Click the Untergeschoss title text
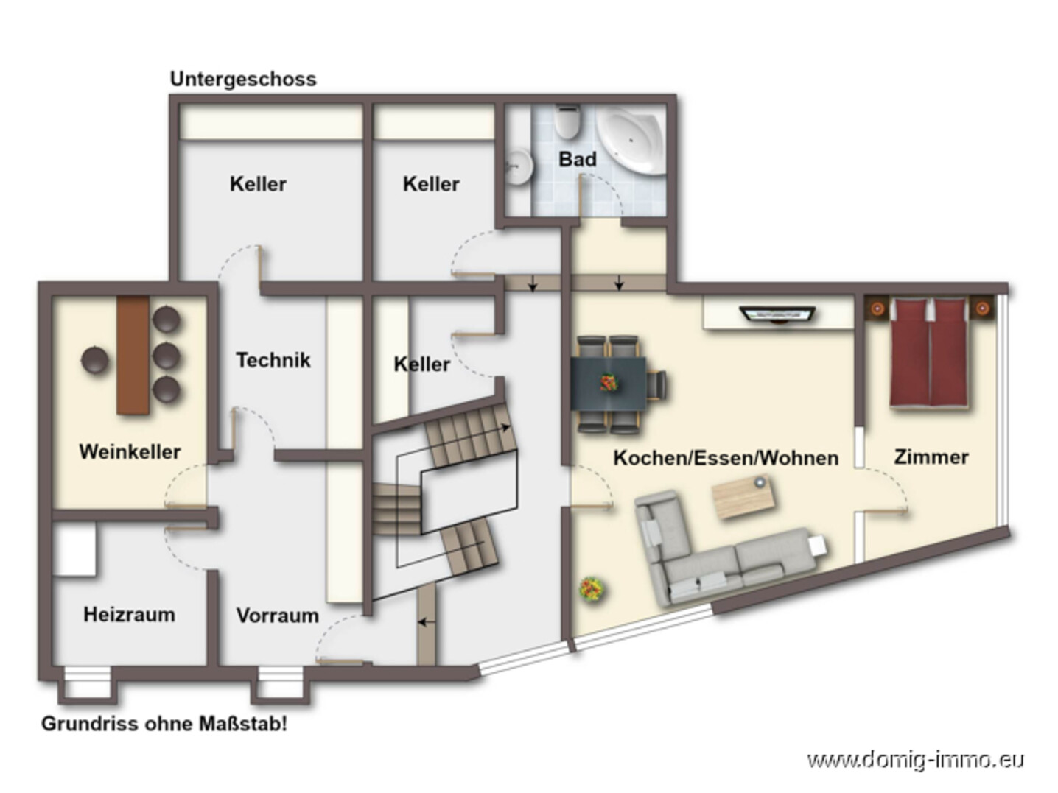click(x=243, y=79)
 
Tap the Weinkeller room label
click(x=130, y=451)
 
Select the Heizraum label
click(x=129, y=614)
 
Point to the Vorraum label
click(x=277, y=616)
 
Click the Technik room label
click(x=273, y=360)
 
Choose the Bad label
click(x=577, y=159)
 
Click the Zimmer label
click(x=931, y=457)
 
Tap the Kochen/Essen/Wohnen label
click(x=726, y=458)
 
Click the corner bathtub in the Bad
click(x=632, y=139)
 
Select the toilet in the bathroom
click(x=567, y=121)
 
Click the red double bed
click(x=928, y=352)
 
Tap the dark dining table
click(x=609, y=383)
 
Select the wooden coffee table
click(x=744, y=497)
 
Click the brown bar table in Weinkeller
click(x=133, y=355)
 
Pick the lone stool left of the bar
click(x=95, y=360)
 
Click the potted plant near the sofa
click(x=592, y=589)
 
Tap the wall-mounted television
click(x=777, y=314)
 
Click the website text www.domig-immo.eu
click(x=915, y=759)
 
